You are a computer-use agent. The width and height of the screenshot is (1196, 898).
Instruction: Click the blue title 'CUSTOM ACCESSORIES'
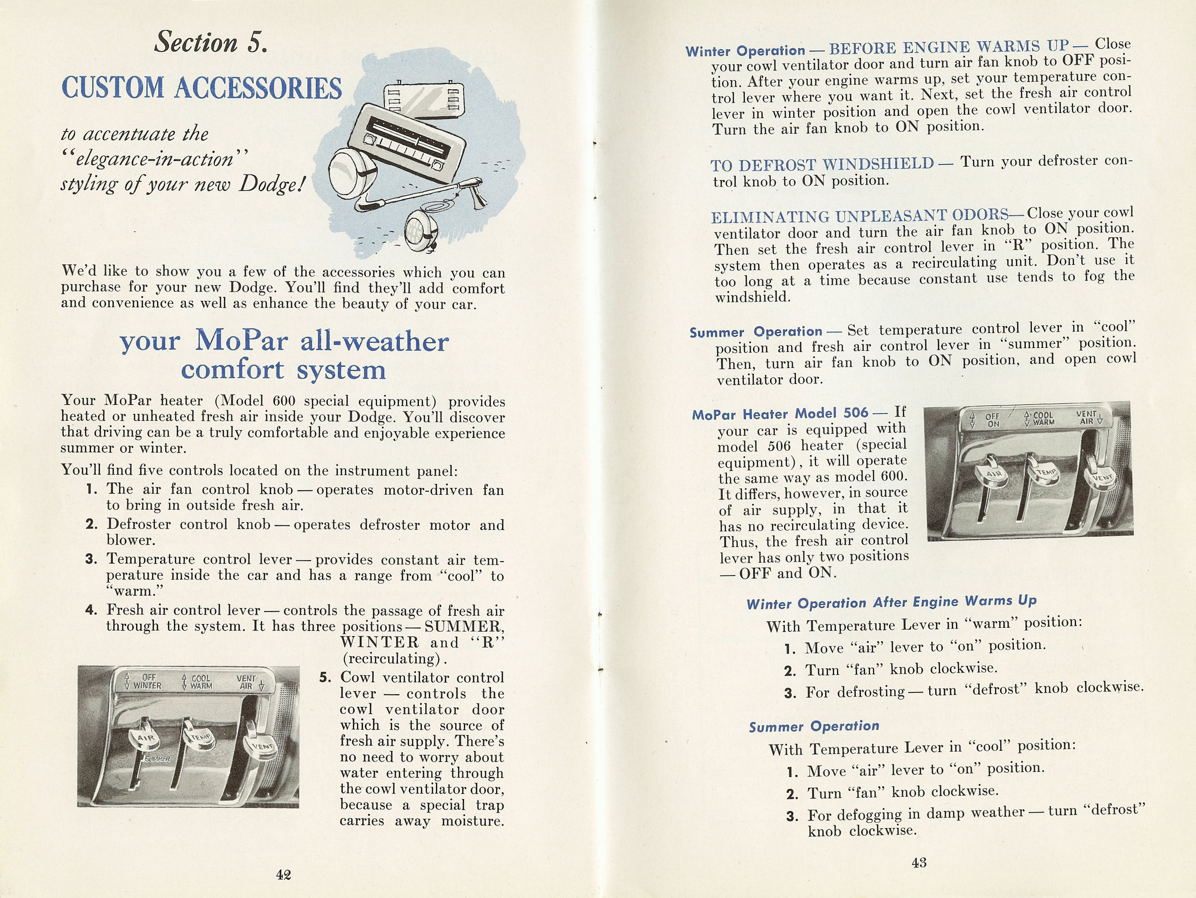[x=202, y=88]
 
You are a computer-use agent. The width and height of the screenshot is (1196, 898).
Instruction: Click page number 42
[x=283, y=875]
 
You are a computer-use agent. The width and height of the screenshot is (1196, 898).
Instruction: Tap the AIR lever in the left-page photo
[x=146, y=740]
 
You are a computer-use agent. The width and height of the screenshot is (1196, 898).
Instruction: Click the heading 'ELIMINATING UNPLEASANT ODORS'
[x=860, y=216]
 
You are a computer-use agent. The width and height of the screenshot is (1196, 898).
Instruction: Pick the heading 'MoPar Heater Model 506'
[x=780, y=414]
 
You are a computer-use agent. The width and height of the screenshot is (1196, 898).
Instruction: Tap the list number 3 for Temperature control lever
[x=91, y=559]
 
